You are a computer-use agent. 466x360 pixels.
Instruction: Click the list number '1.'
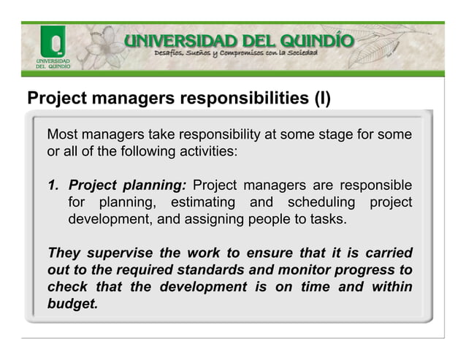54,185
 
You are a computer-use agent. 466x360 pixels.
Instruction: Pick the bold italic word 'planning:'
156,185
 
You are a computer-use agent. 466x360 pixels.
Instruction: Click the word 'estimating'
202,202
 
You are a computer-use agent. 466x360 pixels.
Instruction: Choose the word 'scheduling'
322,202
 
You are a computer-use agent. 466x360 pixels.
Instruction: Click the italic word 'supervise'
120,253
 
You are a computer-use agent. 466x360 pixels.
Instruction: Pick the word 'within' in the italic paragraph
391,287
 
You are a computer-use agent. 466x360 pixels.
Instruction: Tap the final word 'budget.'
72,304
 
